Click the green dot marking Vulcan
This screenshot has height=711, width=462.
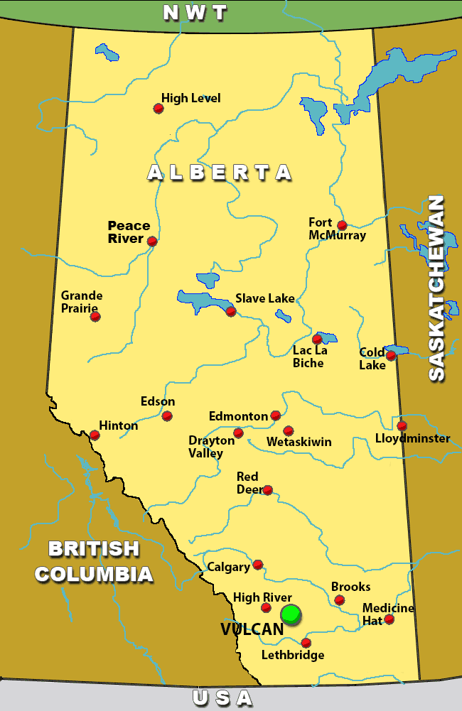pyautogui.click(x=291, y=614)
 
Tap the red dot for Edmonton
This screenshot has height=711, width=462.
pyautogui.click(x=276, y=416)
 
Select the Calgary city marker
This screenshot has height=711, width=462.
pyautogui.click(x=258, y=565)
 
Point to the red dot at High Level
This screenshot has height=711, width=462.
pyautogui.click(x=159, y=109)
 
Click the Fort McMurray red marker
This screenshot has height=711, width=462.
pyautogui.click(x=342, y=225)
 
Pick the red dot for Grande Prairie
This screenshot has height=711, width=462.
pyautogui.click(x=95, y=316)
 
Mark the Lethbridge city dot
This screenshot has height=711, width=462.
pyautogui.click(x=306, y=643)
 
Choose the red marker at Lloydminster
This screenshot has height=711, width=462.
pyautogui.click(x=402, y=425)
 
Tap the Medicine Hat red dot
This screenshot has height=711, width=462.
pyautogui.click(x=389, y=619)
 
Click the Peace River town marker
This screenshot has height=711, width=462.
pyautogui.click(x=152, y=241)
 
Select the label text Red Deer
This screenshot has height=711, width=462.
pyautogui.click(x=247, y=483)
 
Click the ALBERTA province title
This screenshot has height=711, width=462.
pyautogui.click(x=220, y=173)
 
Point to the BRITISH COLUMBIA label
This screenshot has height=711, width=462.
pyautogui.click(x=94, y=561)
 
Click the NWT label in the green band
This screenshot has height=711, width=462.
pyautogui.click(x=195, y=13)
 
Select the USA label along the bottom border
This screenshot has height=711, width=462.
pyautogui.click(x=222, y=699)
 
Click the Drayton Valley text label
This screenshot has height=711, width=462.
pyautogui.click(x=211, y=447)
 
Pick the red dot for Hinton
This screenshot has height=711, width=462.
pyautogui.click(x=95, y=435)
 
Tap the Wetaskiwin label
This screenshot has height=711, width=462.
pyautogui.click(x=299, y=442)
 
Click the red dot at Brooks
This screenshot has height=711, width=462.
pyautogui.click(x=340, y=600)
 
